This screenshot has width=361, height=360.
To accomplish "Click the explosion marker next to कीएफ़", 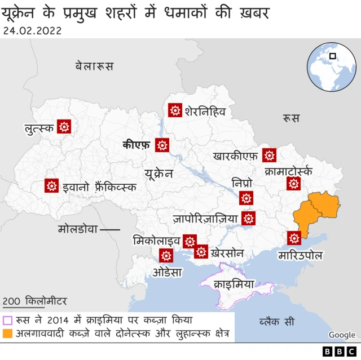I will click(163, 145).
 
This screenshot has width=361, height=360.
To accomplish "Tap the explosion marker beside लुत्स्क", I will click(65, 127).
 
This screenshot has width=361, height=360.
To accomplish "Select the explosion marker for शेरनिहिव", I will click(175, 110).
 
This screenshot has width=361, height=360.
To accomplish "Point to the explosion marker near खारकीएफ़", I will click(270, 155).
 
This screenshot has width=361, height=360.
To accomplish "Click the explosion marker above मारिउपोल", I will click(294, 238).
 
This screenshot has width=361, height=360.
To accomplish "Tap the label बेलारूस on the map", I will click(94, 66).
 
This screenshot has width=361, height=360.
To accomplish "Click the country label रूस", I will click(291, 118).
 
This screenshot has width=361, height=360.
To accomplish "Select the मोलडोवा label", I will click(78, 229).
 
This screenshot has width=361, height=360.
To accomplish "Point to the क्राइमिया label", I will click(234, 285).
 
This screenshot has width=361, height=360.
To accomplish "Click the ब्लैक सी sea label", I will click(276, 322).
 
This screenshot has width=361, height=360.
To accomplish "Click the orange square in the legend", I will click(8, 334).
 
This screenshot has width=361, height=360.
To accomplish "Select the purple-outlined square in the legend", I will click(8, 320).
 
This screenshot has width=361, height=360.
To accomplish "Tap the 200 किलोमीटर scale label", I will click(34, 301).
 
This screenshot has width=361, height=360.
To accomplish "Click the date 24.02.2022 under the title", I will click(32, 30).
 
